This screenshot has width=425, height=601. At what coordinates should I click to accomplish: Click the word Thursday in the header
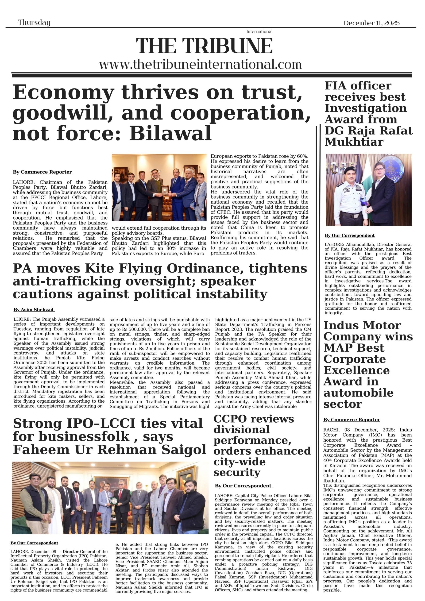34,23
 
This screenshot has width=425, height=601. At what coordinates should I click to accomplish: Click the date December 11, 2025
371,23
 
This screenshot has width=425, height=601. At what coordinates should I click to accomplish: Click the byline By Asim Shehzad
34,310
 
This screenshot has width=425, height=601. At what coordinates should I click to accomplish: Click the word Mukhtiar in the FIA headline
354,142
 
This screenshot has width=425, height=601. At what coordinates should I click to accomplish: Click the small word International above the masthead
259,32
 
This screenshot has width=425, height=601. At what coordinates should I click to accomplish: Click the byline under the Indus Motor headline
352,420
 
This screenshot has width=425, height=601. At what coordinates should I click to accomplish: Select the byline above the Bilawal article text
42,172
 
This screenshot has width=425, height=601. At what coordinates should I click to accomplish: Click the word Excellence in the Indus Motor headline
356,370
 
